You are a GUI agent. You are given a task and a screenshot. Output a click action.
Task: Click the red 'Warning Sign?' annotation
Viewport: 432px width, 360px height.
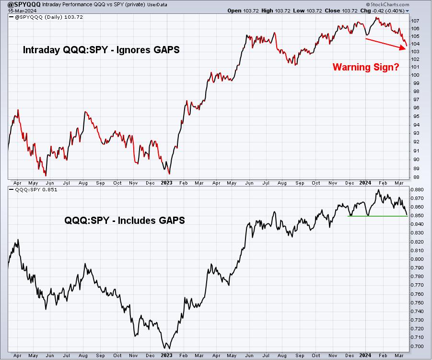point(366,67)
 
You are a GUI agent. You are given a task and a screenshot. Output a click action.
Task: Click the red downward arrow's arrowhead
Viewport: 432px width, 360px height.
point(403,48)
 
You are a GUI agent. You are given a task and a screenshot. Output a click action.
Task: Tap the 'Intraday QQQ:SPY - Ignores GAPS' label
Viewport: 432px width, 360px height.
point(101,50)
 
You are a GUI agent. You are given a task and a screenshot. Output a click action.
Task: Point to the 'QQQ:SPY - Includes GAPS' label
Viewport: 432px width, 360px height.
point(125,221)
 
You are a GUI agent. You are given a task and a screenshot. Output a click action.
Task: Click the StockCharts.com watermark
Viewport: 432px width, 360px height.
point(387,4)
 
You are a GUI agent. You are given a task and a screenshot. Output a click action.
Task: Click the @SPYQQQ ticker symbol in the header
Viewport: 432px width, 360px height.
point(24,4)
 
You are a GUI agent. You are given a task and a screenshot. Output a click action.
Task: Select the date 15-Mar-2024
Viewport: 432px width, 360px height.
point(22,11)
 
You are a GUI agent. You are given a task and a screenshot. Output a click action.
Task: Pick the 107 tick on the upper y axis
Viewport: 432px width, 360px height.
point(416,21)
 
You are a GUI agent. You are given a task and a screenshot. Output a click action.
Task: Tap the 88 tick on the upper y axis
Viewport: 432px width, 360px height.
point(416,177)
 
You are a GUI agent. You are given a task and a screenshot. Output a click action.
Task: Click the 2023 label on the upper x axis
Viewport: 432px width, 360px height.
point(166,183)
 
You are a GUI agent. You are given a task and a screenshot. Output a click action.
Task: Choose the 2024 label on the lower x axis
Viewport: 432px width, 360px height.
point(365,355)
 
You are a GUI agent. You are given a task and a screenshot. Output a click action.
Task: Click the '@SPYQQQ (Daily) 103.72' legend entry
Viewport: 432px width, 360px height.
point(46,17)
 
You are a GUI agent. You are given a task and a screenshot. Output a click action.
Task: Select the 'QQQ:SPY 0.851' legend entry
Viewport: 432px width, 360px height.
point(34,189)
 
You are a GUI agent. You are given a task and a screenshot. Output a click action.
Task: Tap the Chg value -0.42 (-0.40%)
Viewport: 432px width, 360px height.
point(387,11)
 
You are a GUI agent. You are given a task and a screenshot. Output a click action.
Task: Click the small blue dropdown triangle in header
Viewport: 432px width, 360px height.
point(407,11)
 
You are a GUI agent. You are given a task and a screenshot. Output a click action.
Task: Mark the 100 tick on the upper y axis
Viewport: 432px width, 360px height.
point(416,75)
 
